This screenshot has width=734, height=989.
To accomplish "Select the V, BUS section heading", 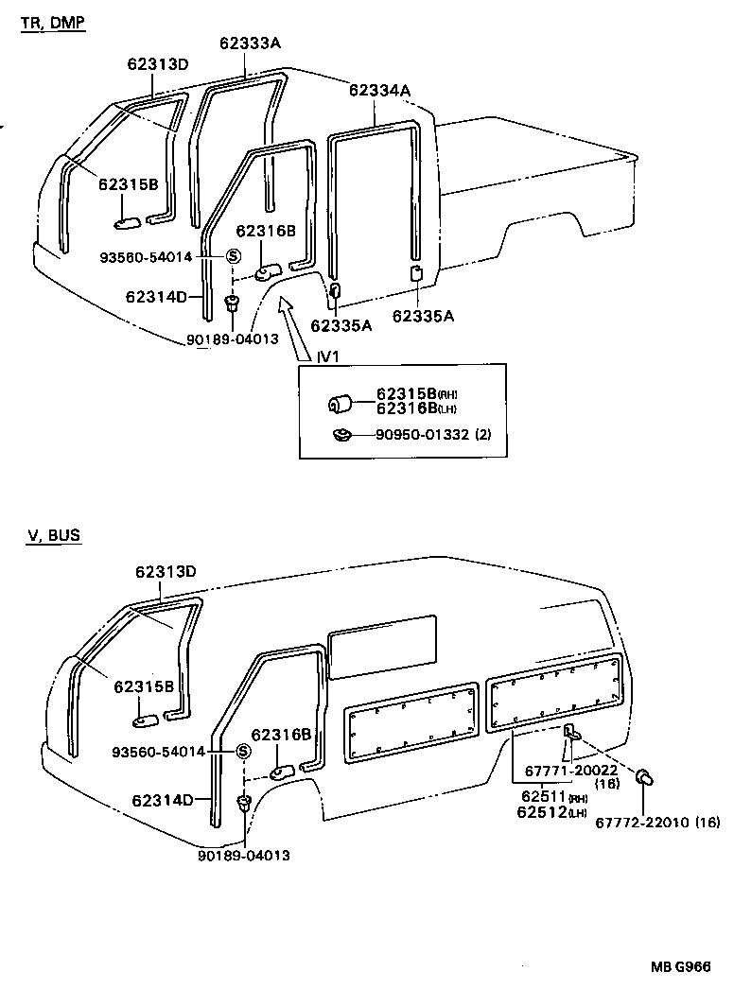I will [x=54, y=535].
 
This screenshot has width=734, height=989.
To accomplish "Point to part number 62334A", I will [x=379, y=91].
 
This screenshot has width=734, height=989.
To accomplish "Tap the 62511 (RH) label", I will [x=543, y=797].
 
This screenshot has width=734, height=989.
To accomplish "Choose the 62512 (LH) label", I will [x=543, y=811].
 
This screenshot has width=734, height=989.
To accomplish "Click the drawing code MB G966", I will [x=680, y=966].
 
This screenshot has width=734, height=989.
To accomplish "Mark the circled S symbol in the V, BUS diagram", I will [x=242, y=752].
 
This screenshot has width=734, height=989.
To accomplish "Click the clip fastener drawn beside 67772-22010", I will [x=646, y=777].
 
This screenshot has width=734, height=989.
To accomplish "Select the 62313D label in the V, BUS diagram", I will [x=165, y=571].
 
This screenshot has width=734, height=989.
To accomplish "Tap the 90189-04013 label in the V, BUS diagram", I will [x=244, y=855].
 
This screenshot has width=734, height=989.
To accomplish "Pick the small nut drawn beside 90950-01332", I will [x=342, y=436].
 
